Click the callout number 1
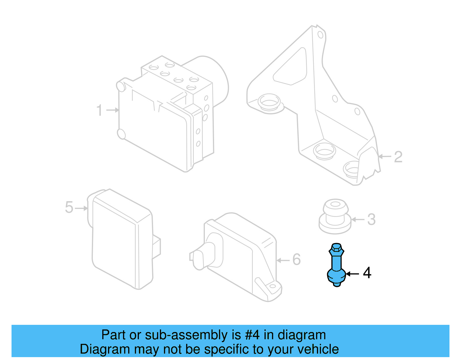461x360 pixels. coord(99,110)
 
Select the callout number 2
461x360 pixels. coord(398,157)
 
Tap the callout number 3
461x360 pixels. coord(371,220)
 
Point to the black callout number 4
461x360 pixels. coord(367,273)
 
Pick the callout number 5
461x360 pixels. coord(69,208)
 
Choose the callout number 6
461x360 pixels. coord(296,259)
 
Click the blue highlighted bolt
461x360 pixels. coord(336,265)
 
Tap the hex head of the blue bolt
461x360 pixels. coord(336,249)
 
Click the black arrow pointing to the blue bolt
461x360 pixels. coord(352,274)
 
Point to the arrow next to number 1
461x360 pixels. coord(113,110)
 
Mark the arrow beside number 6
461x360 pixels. coord(283,261)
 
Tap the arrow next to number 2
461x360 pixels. coord(385,157)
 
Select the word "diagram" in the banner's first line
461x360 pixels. coord(302,335)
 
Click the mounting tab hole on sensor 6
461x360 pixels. coord(272,287)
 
